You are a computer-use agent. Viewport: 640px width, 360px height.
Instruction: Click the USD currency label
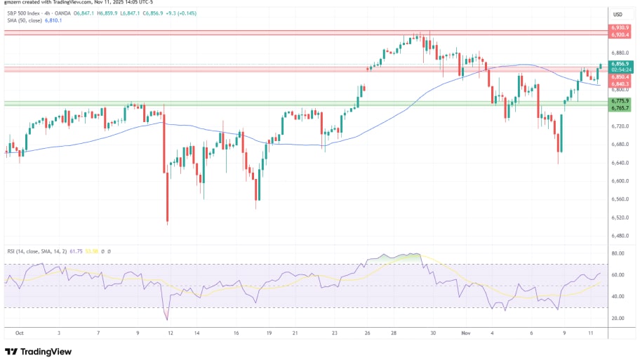pyautogui.click(x=618, y=14)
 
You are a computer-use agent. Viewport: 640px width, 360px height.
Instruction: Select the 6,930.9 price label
pyautogui.click(x=620, y=28)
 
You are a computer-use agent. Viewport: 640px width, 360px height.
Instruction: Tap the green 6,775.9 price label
pyautogui.click(x=620, y=101)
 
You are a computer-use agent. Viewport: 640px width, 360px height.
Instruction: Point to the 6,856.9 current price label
pyautogui.click(x=620, y=64)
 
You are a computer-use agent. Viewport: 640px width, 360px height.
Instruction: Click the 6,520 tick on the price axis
pyautogui.click(x=618, y=218)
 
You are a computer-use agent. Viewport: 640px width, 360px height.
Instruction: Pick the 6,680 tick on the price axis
pyautogui.click(x=618, y=145)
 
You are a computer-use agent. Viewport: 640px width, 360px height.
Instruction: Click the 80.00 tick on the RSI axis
pyautogui.click(x=618, y=253)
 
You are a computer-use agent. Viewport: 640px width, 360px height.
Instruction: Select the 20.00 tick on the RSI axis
pyautogui.click(x=618, y=318)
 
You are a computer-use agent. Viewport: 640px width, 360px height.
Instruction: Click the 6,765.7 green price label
pyautogui.click(x=620, y=108)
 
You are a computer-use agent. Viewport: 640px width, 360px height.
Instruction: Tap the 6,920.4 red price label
pyautogui.click(x=620, y=34)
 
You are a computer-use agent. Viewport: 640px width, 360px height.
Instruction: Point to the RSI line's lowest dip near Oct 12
pyautogui.click(x=168, y=319)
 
